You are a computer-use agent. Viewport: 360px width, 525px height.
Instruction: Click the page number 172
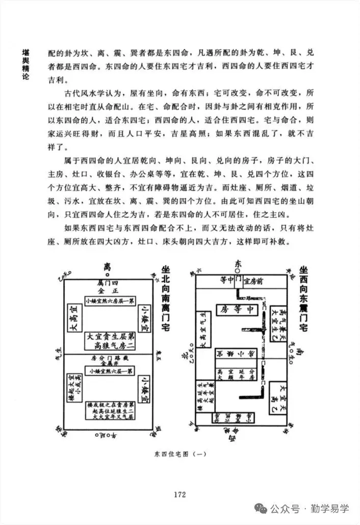pos(179,494)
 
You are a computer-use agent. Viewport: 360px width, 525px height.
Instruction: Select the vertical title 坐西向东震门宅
pos(304,300)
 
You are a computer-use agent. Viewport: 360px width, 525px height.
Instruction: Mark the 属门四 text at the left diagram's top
pos(107,282)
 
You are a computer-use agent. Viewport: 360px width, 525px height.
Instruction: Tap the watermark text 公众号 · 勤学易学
pos(309,509)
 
